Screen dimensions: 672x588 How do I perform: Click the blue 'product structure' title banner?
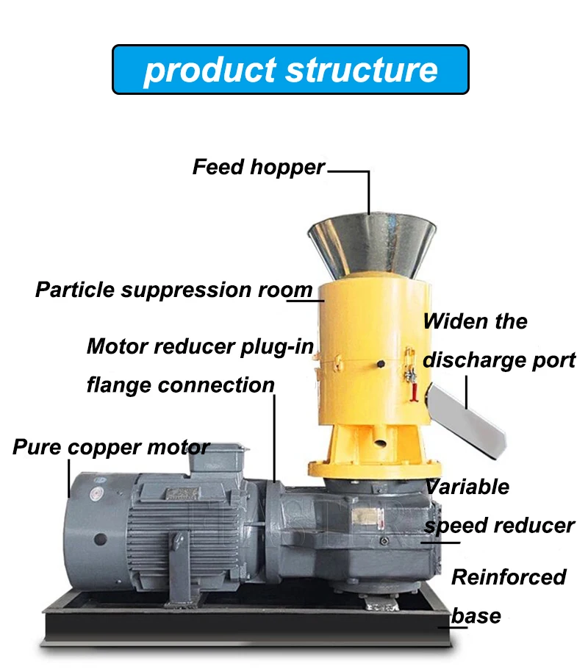(x=290, y=69)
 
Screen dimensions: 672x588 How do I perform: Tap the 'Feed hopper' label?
(x=258, y=168)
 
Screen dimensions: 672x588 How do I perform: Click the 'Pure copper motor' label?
(x=111, y=447)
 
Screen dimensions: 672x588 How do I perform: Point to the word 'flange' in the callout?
(x=120, y=385)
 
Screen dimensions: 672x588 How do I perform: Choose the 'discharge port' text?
(x=499, y=360)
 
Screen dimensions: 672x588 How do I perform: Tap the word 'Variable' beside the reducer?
(x=467, y=486)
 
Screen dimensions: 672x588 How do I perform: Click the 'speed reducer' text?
(x=499, y=525)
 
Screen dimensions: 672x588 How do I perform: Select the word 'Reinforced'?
(x=509, y=577)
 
